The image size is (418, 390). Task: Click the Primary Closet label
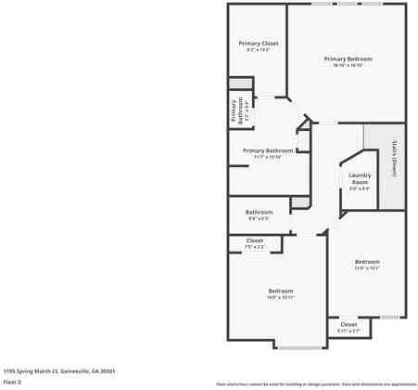[x=258, y=43]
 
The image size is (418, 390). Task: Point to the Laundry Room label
[x=360, y=178]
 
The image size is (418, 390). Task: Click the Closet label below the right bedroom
[x=348, y=324]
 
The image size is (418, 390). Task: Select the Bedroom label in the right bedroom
[x=367, y=262]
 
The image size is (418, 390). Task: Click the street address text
[x=59, y=370]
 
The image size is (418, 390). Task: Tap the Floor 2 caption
[x=12, y=381]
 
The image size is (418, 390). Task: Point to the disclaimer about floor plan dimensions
[x=316, y=383]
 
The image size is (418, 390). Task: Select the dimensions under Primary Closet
[x=258, y=49]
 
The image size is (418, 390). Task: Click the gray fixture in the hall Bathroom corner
[x=298, y=202]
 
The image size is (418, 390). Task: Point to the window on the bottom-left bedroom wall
[x=298, y=348]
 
